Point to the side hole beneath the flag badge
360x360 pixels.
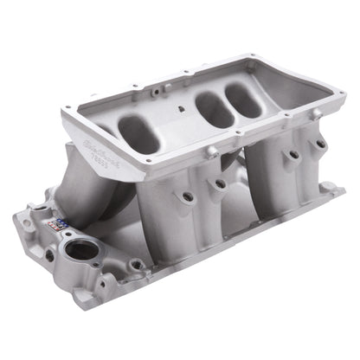[49, 255]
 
